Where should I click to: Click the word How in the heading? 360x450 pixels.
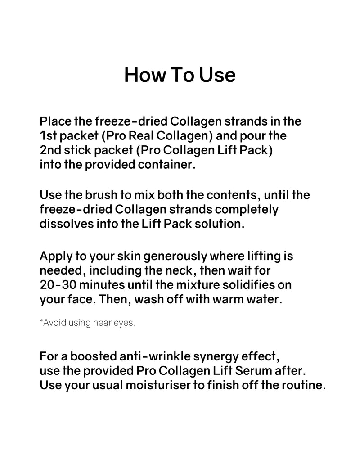[x=145, y=75]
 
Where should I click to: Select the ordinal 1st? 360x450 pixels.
[x=49, y=135]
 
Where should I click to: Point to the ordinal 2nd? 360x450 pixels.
[x=50, y=150]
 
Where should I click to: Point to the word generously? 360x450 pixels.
[x=175, y=256]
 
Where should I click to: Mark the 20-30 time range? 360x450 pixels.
[x=58, y=285]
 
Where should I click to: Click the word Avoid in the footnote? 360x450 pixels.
[x=53, y=323]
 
